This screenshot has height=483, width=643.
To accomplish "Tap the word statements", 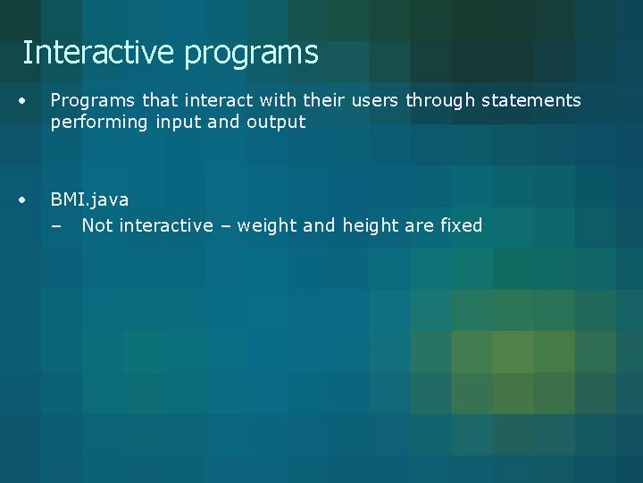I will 531,100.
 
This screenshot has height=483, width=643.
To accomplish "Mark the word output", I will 278,123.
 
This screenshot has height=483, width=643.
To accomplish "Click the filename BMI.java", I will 89,199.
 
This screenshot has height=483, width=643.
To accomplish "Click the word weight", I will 266,226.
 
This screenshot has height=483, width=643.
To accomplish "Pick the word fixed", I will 462,225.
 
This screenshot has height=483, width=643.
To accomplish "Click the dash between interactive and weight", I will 223,226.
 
